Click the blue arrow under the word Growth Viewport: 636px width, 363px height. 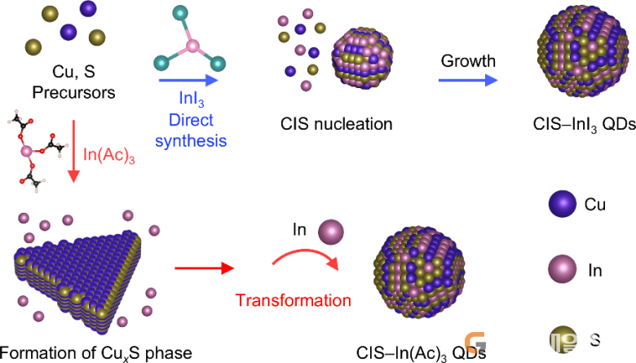point(468,80)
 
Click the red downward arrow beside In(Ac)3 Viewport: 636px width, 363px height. point(73,151)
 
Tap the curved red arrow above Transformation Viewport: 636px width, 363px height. point(306,259)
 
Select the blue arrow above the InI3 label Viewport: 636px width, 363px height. point(188,80)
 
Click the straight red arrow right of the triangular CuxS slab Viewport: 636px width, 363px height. point(205,268)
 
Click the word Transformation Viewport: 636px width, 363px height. point(294,300)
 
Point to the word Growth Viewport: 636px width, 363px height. point(468,61)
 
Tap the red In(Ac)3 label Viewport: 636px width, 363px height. point(108,155)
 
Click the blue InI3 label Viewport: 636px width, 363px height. point(192,99)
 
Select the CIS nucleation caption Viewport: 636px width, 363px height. point(336,124)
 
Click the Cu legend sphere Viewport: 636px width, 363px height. point(562,204)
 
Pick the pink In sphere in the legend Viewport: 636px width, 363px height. point(562,269)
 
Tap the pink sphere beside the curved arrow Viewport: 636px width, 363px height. point(331,232)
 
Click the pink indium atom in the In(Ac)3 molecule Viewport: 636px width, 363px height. point(26,152)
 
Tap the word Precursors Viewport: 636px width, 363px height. point(73,93)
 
